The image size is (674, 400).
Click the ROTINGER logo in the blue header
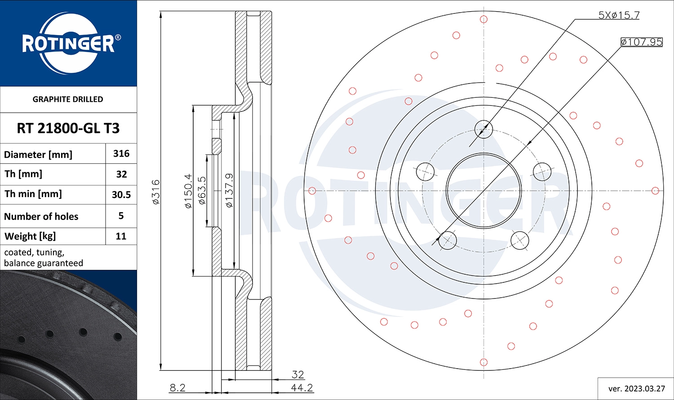(x=68, y=44)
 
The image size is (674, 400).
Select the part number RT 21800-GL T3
(x=68, y=128)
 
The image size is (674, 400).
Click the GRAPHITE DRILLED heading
(x=68, y=99)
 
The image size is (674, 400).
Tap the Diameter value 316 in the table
(x=121, y=154)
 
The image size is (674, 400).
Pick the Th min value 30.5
(x=121, y=194)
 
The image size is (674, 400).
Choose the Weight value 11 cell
(x=121, y=236)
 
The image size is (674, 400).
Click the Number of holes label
(x=41, y=216)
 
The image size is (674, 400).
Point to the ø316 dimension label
(x=155, y=192)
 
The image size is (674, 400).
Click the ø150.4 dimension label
(x=188, y=191)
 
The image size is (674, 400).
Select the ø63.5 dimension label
(x=202, y=190)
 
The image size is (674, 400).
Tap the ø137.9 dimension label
(x=229, y=190)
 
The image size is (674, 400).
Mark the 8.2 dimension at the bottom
(x=177, y=387)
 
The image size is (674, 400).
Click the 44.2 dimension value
(x=302, y=387)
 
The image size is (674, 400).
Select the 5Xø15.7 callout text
(x=619, y=15)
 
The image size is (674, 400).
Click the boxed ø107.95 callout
(x=641, y=42)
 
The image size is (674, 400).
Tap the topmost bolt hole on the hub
(x=484, y=130)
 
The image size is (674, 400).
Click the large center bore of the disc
(x=483, y=191)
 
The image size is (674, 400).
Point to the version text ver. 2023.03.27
(x=636, y=388)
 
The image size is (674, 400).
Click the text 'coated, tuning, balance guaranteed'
(x=44, y=258)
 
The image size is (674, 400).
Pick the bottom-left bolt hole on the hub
(x=448, y=240)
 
